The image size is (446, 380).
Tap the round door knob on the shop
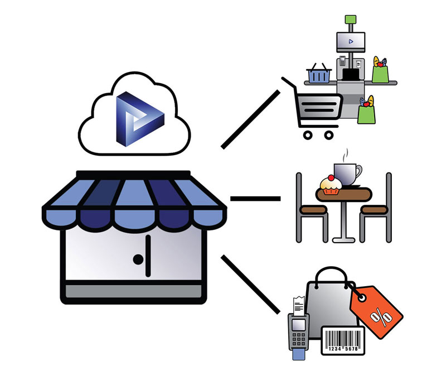(x=137, y=258)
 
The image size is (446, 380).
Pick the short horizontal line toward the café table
(x=255, y=198)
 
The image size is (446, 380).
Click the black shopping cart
(x=315, y=109)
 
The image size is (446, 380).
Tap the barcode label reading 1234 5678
(x=342, y=340)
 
